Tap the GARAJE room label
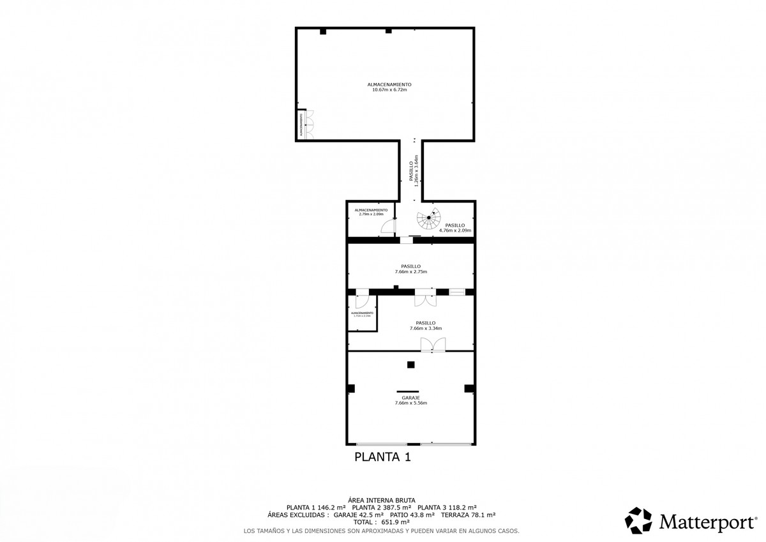pos(410,397)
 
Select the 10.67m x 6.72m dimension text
pos(389,90)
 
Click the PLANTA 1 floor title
pos(382,457)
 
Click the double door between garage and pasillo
pos(432,345)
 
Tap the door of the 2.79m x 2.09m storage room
pos(387,227)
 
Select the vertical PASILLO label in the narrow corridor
pos(411,171)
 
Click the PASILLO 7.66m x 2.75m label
pos(410,269)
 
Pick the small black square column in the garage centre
pos(411,365)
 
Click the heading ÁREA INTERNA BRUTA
pos(382,500)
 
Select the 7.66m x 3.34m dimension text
pos(426,329)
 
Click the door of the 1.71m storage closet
pos(362,300)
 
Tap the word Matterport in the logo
pos(706,522)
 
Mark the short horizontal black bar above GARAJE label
pos(407,391)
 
